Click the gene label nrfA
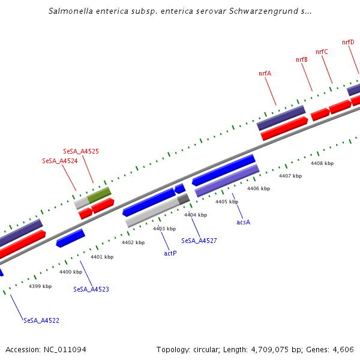(265, 73)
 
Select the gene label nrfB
(301, 59)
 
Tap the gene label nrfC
(322, 52)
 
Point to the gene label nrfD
(348, 42)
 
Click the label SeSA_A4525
(81, 151)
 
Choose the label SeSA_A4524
(60, 161)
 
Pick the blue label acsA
(243, 222)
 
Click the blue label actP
(170, 253)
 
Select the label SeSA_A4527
(199, 241)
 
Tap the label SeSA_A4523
(91, 289)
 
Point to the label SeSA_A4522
(41, 320)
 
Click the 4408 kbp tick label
(322, 163)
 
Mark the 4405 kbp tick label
(227, 202)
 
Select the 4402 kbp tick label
(133, 242)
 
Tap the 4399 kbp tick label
(40, 286)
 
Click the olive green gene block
(99, 195)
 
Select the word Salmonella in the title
(74, 11)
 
